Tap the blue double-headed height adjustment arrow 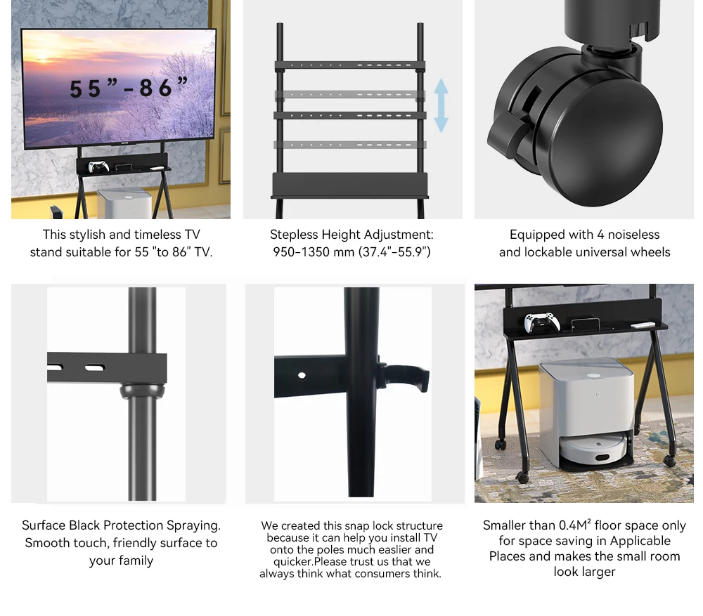[441, 105]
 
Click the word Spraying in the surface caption [193, 525]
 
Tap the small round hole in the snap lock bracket [302, 375]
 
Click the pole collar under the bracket [141, 391]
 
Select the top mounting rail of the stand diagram [349, 66]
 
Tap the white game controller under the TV [98, 167]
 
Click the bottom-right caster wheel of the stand [669, 461]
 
